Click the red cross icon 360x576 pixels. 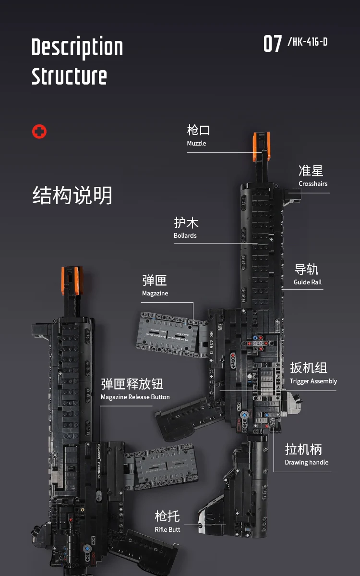tap(39, 131)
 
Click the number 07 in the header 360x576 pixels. tap(273, 44)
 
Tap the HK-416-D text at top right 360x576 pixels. tap(307, 42)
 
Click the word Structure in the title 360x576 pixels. tap(69, 76)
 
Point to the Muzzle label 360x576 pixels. tap(196, 143)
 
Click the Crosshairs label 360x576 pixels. tap(313, 184)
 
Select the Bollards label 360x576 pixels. tap(185, 235)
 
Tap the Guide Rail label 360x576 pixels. tap(308, 282)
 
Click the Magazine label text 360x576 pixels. tap(155, 293)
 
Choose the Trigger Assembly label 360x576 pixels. tap(313, 381)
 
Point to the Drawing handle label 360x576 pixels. tap(306, 462)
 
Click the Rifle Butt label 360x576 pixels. tap(168, 529)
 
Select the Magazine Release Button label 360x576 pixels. tap(135, 397)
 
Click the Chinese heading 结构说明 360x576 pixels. tap(72, 196)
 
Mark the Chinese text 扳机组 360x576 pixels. tap(308, 368)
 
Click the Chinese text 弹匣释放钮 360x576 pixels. tap(132, 384)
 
